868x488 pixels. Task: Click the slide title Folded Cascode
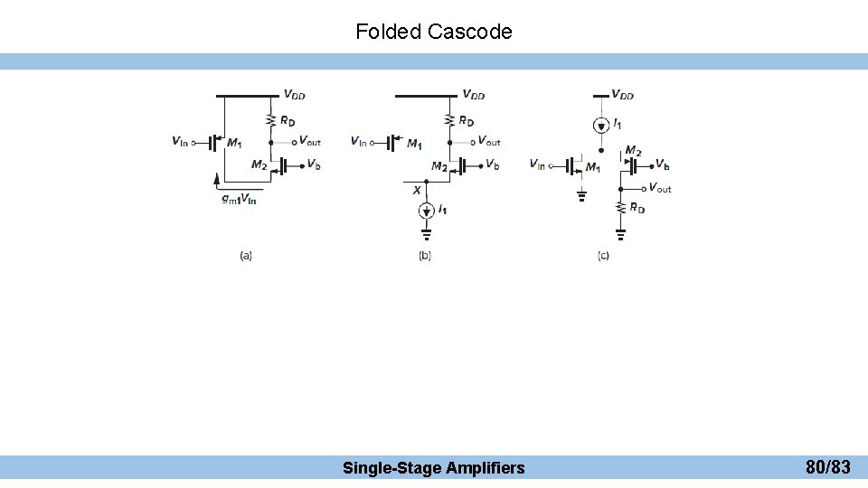coord(434,33)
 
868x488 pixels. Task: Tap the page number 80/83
coord(827,467)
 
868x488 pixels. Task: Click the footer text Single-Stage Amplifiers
coord(433,468)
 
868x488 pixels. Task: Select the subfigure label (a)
coord(246,256)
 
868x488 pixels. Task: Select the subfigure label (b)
coord(425,256)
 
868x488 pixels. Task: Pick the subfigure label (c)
coord(603,256)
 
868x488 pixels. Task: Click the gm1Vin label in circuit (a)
coord(239,199)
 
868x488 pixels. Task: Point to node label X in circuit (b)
coord(417,191)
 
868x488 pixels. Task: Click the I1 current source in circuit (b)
coord(427,211)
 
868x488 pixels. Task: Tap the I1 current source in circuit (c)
coord(601,124)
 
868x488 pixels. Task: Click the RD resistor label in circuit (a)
coord(288,121)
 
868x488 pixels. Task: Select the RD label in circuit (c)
coord(637,208)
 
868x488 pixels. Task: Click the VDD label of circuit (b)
coord(473,94)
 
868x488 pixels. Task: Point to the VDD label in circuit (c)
coord(623,94)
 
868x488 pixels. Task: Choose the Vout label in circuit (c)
coord(659,188)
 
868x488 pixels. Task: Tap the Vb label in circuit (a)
coord(313,164)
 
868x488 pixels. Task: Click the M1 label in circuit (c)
coord(593,167)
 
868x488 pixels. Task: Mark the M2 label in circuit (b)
coord(439,166)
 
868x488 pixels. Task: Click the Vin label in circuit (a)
coord(179,141)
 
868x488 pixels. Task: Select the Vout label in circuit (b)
coord(488,141)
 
